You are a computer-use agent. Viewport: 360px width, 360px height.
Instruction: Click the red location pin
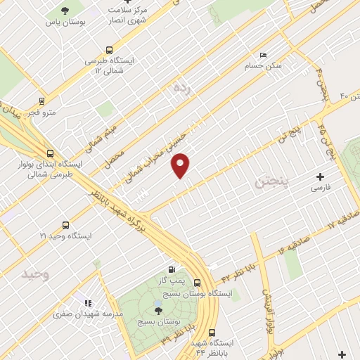click(x=181, y=165)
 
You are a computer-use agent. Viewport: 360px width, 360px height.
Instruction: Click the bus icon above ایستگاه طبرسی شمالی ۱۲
click(x=109, y=50)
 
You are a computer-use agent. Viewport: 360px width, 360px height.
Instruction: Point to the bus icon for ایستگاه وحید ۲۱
click(x=65, y=226)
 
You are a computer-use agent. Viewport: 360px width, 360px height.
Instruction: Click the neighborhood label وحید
click(x=36, y=273)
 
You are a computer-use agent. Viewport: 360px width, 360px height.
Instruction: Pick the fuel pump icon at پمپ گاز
click(x=173, y=269)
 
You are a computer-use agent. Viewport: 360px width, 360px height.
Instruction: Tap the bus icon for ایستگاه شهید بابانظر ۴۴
click(x=212, y=333)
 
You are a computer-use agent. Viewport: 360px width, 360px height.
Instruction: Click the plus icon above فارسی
click(x=321, y=176)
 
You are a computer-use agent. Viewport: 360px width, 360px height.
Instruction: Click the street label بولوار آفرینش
click(x=268, y=310)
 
